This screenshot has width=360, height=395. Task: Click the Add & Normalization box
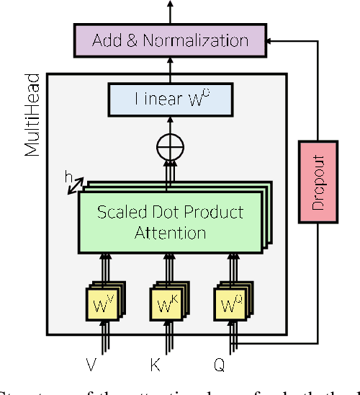[171, 40]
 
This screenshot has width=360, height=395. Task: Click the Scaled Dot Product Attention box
[170, 222]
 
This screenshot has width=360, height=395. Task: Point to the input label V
[91, 365]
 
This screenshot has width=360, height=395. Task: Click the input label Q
[220, 365]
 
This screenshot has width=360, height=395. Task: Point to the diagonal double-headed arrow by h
[74, 187]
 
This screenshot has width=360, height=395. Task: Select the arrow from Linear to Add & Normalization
[171, 69]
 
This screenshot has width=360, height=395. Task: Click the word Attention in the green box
[170, 233]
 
